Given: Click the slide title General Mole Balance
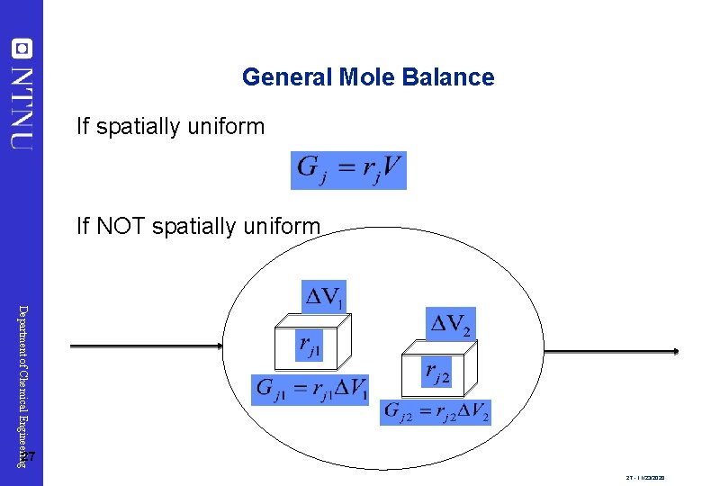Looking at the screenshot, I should [368, 77].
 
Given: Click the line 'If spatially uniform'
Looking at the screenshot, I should [170, 127].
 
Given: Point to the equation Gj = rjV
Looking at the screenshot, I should [348, 170].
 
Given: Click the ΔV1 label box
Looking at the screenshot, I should [323, 295].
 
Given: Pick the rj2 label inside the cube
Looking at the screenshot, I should [436, 373].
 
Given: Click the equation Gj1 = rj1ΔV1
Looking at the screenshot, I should [310, 389].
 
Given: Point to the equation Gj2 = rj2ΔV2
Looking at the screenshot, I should [436, 412].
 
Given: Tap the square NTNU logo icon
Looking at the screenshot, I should [22, 48].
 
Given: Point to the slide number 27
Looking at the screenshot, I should [27, 457].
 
